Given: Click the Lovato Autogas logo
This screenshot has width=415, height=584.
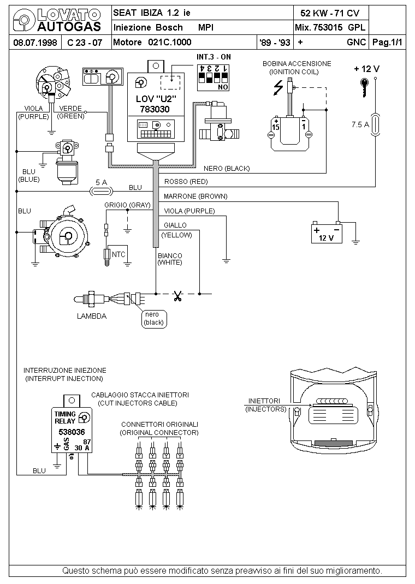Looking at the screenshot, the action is (57, 21).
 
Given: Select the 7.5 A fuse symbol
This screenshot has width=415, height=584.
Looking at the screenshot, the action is (375, 124).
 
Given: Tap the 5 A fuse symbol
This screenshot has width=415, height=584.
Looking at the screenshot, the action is (101, 192).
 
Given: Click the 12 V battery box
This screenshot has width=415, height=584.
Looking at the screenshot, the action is (327, 233).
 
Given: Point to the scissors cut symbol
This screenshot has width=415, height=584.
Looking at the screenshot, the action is (177, 296).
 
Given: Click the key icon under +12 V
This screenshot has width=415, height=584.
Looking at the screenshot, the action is (364, 88).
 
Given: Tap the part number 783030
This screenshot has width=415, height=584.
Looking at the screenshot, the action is (155, 109).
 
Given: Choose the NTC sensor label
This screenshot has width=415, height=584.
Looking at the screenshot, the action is (118, 254).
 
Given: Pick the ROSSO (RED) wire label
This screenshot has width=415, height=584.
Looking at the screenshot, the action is (186, 182).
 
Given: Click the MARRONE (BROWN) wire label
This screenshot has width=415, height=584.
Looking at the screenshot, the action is (195, 196).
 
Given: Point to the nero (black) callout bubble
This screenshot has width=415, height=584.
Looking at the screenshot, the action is (154, 319).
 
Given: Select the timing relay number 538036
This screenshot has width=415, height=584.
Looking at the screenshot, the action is (72, 432).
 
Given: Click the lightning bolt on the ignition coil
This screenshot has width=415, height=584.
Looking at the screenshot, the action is (278, 88).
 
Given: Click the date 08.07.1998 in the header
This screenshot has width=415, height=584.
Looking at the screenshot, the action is (35, 42).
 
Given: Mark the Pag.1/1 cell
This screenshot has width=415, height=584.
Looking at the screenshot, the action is (388, 42).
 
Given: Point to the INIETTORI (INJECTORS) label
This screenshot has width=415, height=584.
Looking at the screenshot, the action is (265, 405).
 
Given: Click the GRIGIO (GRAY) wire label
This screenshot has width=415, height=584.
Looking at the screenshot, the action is (127, 205).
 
